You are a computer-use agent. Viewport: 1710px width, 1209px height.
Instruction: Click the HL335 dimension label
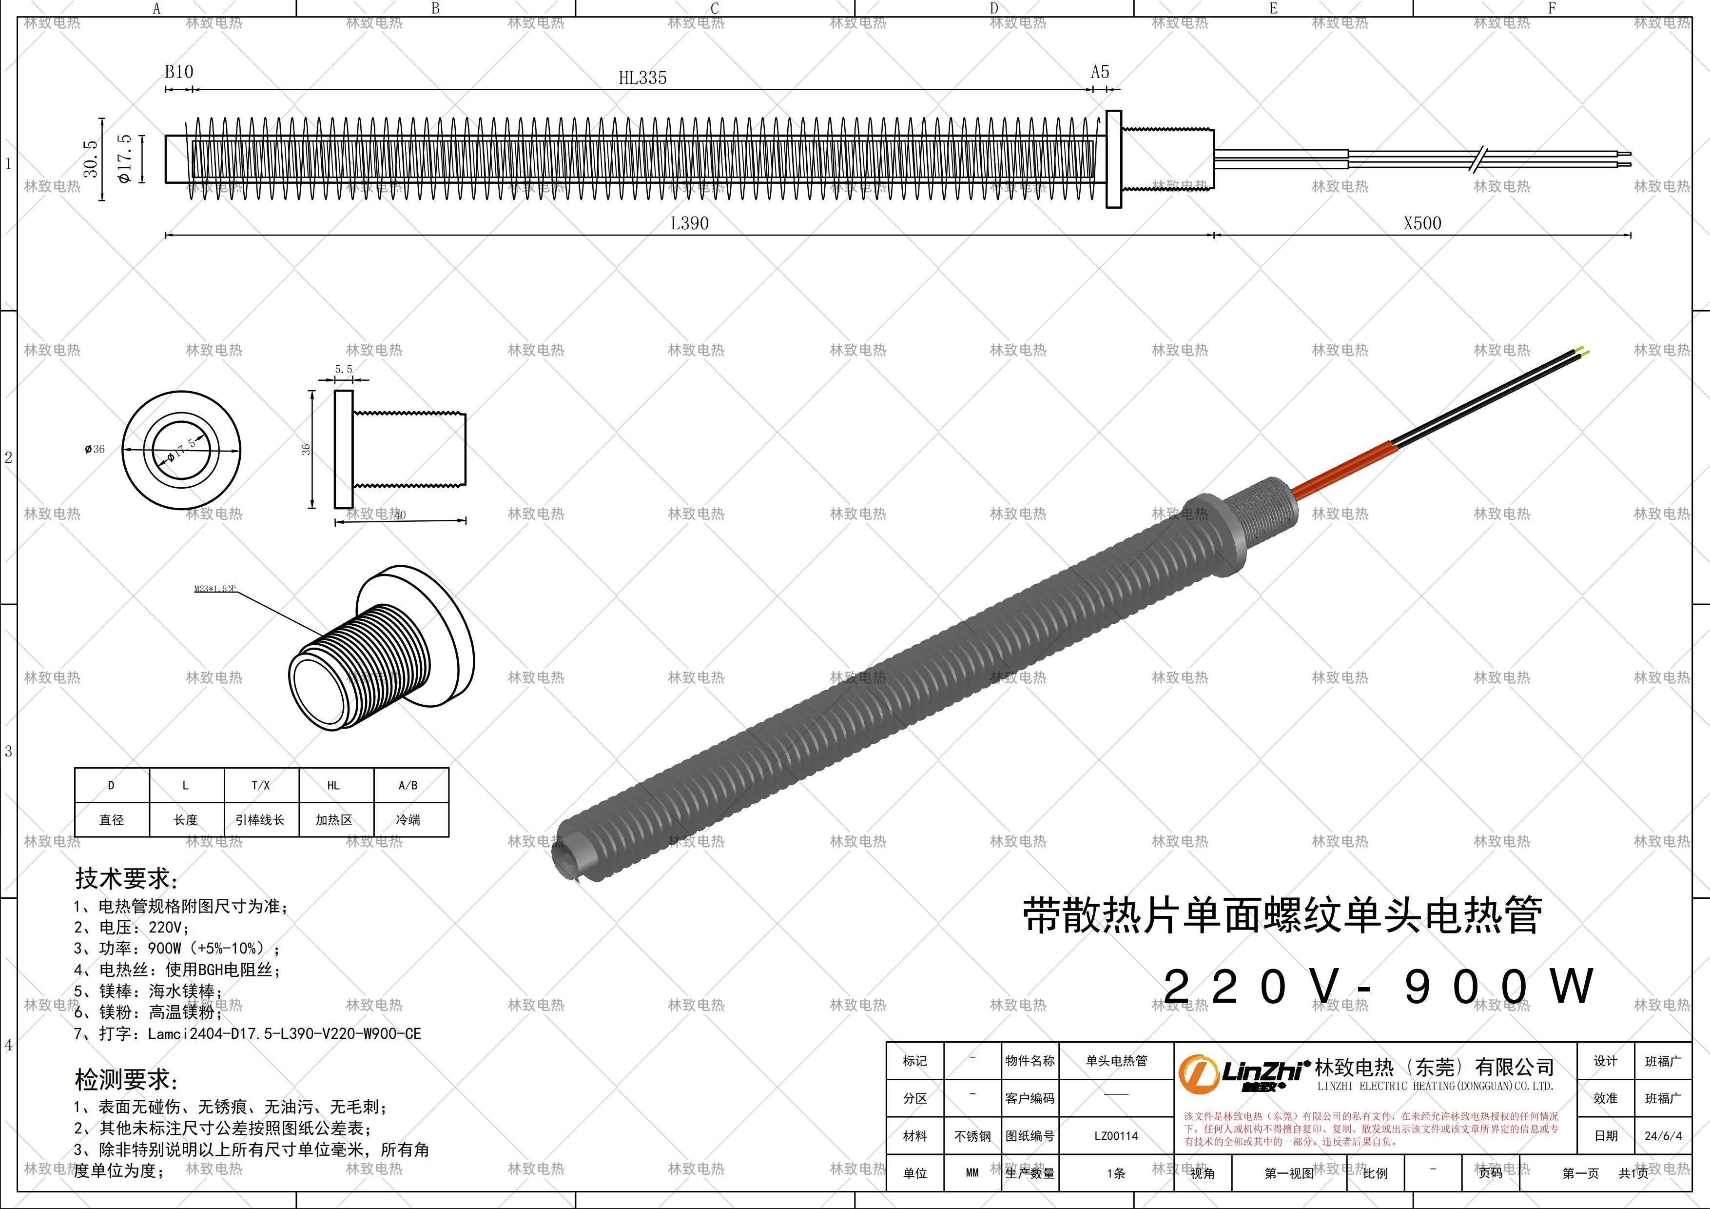pos(642,78)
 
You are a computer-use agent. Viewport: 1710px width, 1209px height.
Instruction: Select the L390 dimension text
pos(690,223)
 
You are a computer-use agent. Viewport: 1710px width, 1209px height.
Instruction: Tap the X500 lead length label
pos(1422,223)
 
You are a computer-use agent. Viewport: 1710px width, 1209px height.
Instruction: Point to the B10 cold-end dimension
pos(179,72)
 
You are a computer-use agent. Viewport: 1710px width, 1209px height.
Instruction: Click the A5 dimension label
pos(1100,72)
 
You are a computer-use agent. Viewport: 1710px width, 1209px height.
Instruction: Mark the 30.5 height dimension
pos(91,159)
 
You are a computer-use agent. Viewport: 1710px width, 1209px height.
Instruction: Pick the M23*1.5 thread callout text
pos(215,589)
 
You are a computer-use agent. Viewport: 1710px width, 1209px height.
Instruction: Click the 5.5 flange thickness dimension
pos(343,369)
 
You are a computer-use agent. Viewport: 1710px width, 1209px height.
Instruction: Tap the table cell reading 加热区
pos(333,819)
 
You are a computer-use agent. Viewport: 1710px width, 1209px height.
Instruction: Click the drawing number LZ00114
pos(1116,1136)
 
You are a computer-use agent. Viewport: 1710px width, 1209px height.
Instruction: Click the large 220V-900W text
pos(1378,986)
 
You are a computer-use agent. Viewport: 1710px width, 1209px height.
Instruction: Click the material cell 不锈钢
pos(972,1136)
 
